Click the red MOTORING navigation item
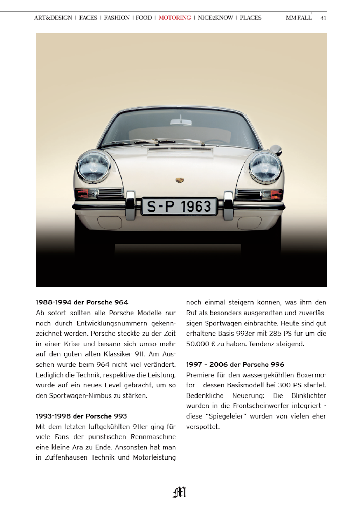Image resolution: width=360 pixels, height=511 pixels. [x=175, y=17]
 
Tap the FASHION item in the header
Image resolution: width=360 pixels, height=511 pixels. [x=117, y=17]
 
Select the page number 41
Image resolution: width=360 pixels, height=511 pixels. [x=323, y=18]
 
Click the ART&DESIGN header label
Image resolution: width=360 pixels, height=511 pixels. [x=53, y=17]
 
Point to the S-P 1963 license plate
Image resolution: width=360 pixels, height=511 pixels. [x=179, y=206]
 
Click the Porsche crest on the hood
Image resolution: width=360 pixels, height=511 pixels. [x=180, y=181]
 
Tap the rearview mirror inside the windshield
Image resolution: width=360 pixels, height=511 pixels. [x=181, y=122]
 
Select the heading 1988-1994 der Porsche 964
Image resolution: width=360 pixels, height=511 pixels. [x=82, y=302]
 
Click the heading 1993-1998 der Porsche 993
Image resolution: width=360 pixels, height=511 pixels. [x=81, y=416]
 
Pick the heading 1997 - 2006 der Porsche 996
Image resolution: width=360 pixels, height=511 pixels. [x=235, y=365]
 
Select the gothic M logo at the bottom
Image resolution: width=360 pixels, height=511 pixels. [x=180, y=492]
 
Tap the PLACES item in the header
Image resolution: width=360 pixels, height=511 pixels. [x=250, y=17]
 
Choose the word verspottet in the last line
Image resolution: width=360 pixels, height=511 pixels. [x=202, y=427]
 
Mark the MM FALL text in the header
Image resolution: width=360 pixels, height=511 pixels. [x=299, y=17]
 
